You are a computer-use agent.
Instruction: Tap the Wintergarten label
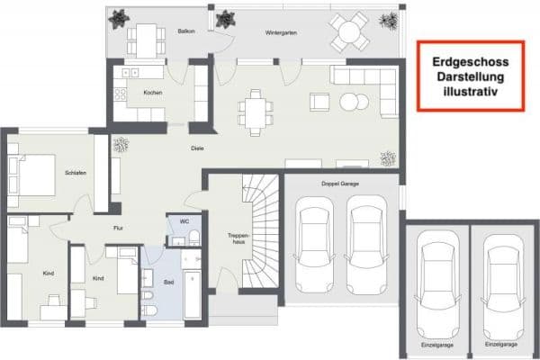[x=282, y=31]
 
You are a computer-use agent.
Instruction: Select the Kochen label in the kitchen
[x=152, y=92]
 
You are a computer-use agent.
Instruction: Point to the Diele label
[x=196, y=148]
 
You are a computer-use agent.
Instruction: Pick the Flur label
[x=118, y=228]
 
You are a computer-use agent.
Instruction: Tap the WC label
[x=184, y=220]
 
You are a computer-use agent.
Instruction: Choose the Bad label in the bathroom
[x=168, y=282]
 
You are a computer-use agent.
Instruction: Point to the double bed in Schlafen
[x=34, y=172]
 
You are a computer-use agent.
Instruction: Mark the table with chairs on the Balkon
[x=143, y=40]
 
